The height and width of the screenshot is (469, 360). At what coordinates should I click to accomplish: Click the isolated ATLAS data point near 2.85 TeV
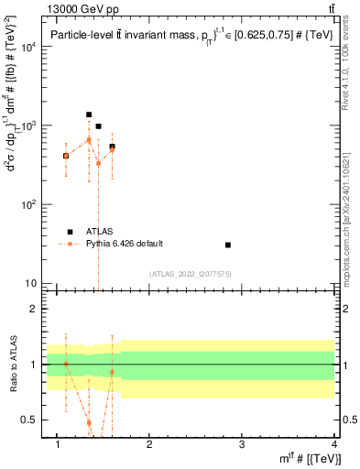click(x=228, y=245)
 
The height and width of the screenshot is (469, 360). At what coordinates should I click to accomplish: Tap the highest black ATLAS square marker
click(x=89, y=115)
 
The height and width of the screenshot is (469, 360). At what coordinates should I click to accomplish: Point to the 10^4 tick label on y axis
click(x=29, y=47)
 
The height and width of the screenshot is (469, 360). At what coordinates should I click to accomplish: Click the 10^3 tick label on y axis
click(x=29, y=125)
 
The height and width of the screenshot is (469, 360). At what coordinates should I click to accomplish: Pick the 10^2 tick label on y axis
click(x=29, y=204)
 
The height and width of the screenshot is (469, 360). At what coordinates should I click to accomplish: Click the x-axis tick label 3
click(x=241, y=444)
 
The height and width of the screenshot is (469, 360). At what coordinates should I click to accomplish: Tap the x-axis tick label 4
click(x=334, y=444)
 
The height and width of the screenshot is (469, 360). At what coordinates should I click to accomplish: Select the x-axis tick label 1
click(x=57, y=444)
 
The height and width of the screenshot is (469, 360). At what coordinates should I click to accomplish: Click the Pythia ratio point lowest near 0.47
click(x=89, y=422)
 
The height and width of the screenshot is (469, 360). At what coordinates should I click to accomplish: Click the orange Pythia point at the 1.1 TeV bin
click(x=66, y=156)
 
